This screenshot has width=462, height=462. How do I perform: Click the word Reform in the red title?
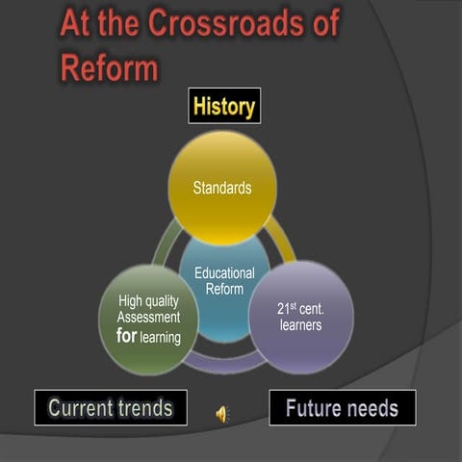[109, 66]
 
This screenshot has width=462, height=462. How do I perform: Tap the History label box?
[224, 107]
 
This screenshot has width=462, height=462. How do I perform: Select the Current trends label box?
[111, 408]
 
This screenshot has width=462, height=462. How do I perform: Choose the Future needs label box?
[342, 408]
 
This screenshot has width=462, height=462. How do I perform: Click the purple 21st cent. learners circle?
[301, 318]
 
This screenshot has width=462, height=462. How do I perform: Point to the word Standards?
[222, 188]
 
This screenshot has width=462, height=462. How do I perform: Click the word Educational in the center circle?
[224, 273]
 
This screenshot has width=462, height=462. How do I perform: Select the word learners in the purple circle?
[299, 325]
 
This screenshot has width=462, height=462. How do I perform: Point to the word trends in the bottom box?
[141, 408]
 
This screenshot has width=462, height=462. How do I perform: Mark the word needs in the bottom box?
[372, 408]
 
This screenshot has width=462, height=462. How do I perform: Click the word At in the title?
[77, 23]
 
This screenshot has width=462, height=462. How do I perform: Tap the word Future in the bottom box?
[314, 408]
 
